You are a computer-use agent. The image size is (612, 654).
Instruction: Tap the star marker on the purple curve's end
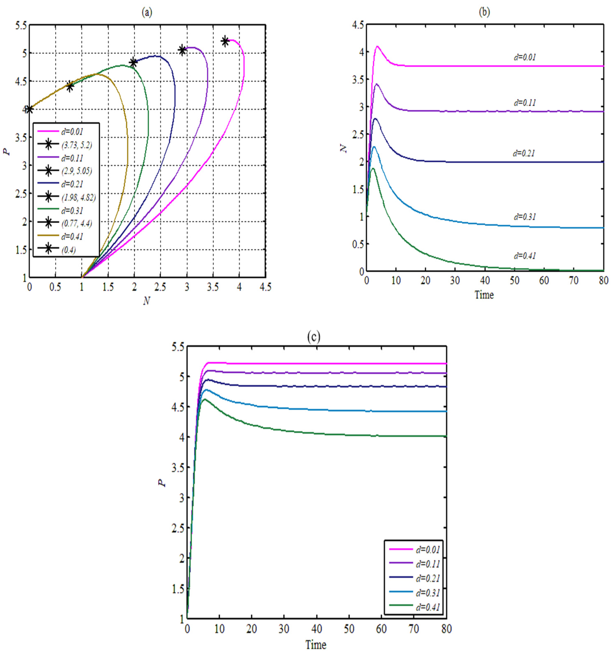pyautogui.click(x=182, y=50)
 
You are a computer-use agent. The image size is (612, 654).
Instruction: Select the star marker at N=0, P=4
pyautogui.click(x=29, y=109)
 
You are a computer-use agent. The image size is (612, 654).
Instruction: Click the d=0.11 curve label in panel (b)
pyautogui.click(x=525, y=103)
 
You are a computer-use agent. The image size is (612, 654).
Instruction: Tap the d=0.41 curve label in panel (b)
pyautogui.click(x=525, y=256)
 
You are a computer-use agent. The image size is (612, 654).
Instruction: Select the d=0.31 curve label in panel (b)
pyautogui.click(x=525, y=217)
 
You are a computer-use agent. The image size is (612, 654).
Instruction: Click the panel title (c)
pyautogui.click(x=313, y=337)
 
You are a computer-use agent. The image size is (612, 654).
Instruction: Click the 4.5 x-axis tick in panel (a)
pyautogui.click(x=265, y=287)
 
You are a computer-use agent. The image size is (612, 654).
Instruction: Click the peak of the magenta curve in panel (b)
pyautogui.click(x=377, y=46)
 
